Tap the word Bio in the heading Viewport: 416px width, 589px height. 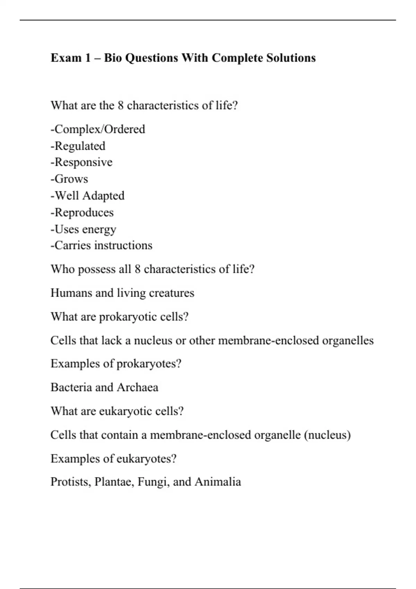pyautogui.click(x=113, y=58)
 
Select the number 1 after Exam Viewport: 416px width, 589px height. pyautogui.click(x=87, y=58)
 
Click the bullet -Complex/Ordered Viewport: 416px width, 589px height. pyautogui.click(x=98, y=129)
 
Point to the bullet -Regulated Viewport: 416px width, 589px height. pyautogui.click(x=78, y=146)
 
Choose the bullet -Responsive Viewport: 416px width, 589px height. pyautogui.click(x=81, y=162)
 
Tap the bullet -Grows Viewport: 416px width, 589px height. pyautogui.click(x=69, y=179)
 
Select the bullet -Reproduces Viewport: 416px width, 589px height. pyautogui.click(x=82, y=212)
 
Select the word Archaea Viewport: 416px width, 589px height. pyautogui.click(x=137, y=387)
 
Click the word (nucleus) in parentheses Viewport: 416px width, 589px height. pyautogui.click(x=327, y=435)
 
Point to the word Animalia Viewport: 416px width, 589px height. pyautogui.click(x=218, y=482)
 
